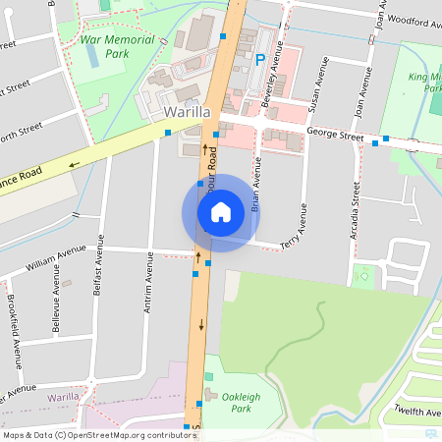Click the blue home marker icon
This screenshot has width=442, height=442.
(221, 212)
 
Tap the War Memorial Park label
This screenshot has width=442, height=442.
(117, 46)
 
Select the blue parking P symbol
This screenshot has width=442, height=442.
(260, 59)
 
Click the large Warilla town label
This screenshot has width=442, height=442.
(188, 112)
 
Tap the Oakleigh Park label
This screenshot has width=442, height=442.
(242, 402)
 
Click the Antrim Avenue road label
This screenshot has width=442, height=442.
(150, 280)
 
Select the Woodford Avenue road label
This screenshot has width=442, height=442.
(414, 18)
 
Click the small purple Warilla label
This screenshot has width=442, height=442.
(63, 397)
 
